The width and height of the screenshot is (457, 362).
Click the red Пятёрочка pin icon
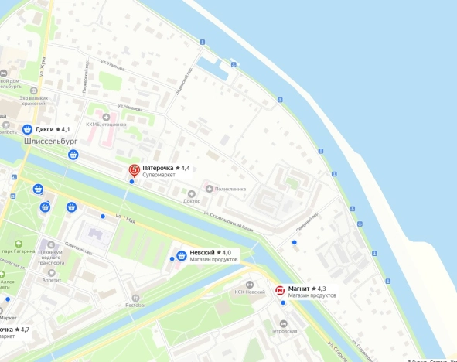134,169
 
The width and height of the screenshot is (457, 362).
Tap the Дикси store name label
46,129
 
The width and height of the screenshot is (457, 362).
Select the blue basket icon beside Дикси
27,129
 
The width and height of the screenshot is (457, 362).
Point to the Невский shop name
202,253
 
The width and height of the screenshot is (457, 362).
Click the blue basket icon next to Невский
181,254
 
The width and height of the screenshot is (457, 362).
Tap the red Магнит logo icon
280,290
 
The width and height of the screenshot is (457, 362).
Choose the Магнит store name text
298,289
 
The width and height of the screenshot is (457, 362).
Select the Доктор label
192,201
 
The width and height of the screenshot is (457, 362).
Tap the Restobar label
135,305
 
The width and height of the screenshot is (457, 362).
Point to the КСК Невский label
250,292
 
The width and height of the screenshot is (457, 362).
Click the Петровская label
283,330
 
